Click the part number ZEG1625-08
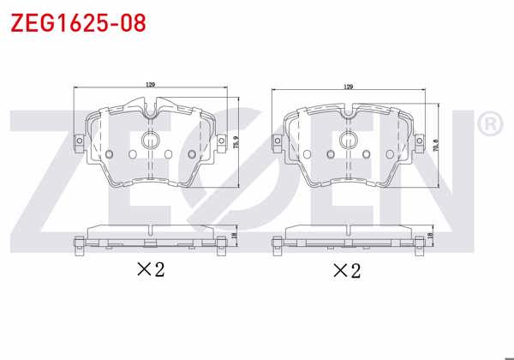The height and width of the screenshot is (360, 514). tap(78, 21)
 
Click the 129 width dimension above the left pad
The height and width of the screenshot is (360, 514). tap(151, 85)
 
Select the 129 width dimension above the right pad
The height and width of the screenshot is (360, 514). tap(348, 87)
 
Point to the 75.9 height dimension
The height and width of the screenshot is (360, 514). tap(236, 142)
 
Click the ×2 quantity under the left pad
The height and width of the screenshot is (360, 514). tap(150, 270)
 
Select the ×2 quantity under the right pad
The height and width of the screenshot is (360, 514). tap(346, 271)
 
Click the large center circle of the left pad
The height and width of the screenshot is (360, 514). tap(151, 141)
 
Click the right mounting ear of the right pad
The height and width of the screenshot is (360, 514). tap(420, 141)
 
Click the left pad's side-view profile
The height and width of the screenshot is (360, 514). tap(151, 237)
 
